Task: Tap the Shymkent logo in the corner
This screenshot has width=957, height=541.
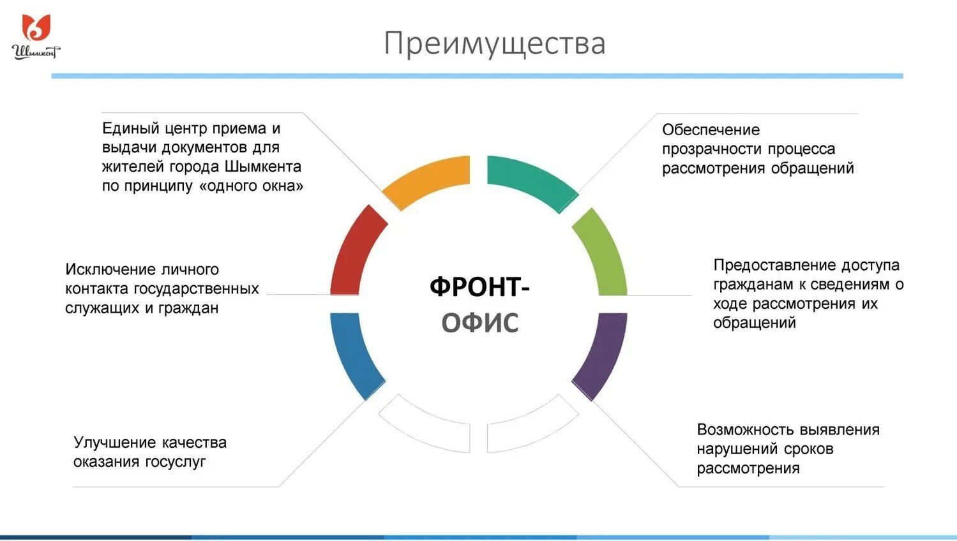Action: [x=36, y=37]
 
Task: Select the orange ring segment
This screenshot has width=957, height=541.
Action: [x=427, y=179]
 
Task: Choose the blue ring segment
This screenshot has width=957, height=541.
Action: [x=354, y=355]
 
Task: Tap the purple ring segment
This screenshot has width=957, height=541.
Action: [x=603, y=355]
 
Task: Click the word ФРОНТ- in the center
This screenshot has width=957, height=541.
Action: [x=479, y=286]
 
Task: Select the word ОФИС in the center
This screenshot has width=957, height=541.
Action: [x=480, y=322]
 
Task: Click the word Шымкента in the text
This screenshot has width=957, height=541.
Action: [x=263, y=167]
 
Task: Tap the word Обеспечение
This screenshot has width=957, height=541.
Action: [x=711, y=130]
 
